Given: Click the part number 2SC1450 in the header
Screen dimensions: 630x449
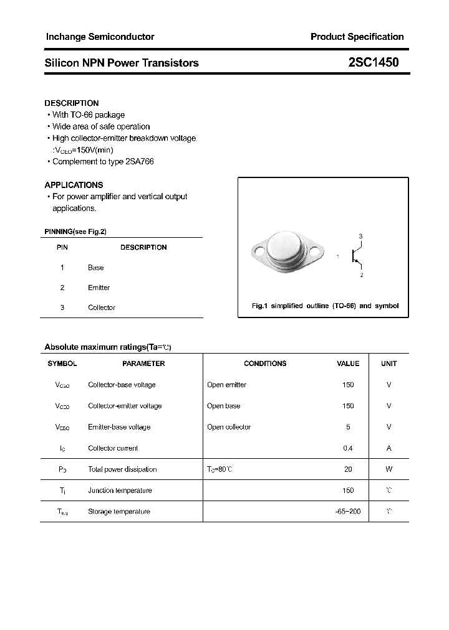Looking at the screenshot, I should tap(374, 62).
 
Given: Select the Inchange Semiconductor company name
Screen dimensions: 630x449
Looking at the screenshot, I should tap(100, 37).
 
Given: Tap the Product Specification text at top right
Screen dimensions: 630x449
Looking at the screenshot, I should tap(357, 37).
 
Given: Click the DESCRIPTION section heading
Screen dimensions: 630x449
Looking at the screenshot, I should tap(71, 103).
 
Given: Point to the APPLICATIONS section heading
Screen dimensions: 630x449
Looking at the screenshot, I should tap(74, 185).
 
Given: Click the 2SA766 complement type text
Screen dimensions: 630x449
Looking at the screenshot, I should tap(139, 162).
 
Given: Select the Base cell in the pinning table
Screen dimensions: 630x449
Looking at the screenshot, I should tap(96, 268).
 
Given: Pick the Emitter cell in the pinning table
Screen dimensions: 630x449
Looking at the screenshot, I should tap(99, 288).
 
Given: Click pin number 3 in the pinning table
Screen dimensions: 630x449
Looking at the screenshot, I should tap(62, 308).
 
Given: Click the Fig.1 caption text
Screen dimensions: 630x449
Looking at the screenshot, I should tap(324, 306).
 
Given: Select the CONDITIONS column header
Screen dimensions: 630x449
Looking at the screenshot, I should tap(265, 364).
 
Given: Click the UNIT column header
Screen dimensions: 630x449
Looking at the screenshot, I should tap(389, 364).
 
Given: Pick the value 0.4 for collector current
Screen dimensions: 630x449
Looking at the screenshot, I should tap(348, 448).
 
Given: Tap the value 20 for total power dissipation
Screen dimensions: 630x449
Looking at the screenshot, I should tap(348, 469).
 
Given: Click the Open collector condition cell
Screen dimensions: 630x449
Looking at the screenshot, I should tap(229, 427).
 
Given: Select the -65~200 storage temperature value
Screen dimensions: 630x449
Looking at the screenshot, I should tap(348, 512).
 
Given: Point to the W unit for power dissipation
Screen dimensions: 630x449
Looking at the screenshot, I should tap(389, 469).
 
